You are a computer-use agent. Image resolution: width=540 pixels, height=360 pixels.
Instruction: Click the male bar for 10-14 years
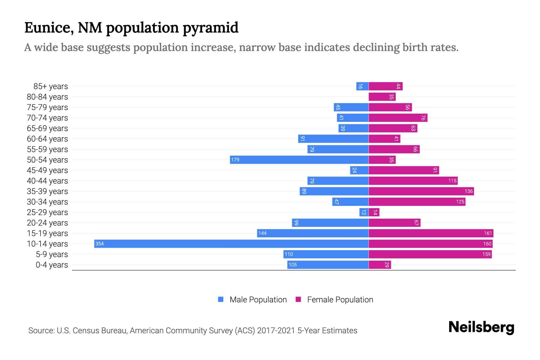(231, 244)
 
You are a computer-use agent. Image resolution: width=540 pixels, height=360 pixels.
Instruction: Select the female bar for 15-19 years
(431, 233)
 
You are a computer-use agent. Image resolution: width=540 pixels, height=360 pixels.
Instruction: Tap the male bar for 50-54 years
(299, 160)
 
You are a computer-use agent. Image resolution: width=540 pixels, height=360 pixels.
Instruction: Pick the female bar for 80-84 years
(382, 97)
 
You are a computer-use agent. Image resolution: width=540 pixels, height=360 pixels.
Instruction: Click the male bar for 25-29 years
(364, 212)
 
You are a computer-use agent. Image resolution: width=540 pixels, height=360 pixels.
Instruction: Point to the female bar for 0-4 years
(379, 265)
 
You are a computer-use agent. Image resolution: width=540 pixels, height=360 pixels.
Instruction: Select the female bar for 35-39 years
(421, 191)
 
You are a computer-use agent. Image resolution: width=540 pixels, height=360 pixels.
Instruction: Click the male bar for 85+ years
(362, 86)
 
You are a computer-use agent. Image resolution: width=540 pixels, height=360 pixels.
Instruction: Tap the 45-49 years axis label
(47, 170)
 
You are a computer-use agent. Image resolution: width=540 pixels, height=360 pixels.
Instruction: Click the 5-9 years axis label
(52, 254)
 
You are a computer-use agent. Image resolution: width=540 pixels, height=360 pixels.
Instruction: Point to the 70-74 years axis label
(47, 118)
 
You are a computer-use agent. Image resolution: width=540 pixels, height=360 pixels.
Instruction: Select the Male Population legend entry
(252, 299)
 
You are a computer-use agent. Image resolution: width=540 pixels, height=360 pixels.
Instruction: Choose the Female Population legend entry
(334, 299)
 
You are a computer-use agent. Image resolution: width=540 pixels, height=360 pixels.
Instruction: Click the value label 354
(99, 244)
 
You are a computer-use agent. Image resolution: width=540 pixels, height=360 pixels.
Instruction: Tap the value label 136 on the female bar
(468, 191)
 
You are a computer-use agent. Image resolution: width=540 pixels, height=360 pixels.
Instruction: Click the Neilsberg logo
(481, 327)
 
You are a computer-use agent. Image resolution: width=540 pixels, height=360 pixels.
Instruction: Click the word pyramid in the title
(210, 28)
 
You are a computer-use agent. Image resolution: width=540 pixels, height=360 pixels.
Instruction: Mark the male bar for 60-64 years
(333, 139)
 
